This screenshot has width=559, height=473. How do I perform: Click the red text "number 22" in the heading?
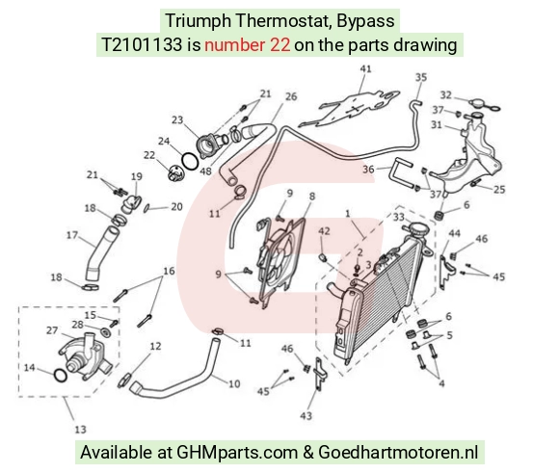point(247,45)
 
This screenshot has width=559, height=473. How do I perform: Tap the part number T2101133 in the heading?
point(142,45)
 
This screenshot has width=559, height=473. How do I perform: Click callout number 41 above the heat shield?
point(365,68)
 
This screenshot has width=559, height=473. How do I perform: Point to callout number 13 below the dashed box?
point(80,429)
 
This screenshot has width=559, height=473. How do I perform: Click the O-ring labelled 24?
point(190,162)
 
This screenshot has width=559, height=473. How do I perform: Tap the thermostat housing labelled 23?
point(210,145)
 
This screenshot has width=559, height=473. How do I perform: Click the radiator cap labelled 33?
point(415,228)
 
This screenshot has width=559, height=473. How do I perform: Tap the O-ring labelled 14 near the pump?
point(60,375)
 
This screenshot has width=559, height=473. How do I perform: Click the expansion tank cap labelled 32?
point(484,104)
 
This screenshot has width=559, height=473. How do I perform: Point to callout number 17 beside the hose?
point(72,235)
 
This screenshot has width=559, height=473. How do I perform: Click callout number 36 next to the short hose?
point(368,169)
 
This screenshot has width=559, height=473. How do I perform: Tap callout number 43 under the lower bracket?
point(306,415)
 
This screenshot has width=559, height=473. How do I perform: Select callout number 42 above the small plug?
point(324,231)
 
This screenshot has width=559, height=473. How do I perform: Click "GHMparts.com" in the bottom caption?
point(237,453)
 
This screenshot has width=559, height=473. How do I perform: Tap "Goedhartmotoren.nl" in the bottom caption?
point(398,453)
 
